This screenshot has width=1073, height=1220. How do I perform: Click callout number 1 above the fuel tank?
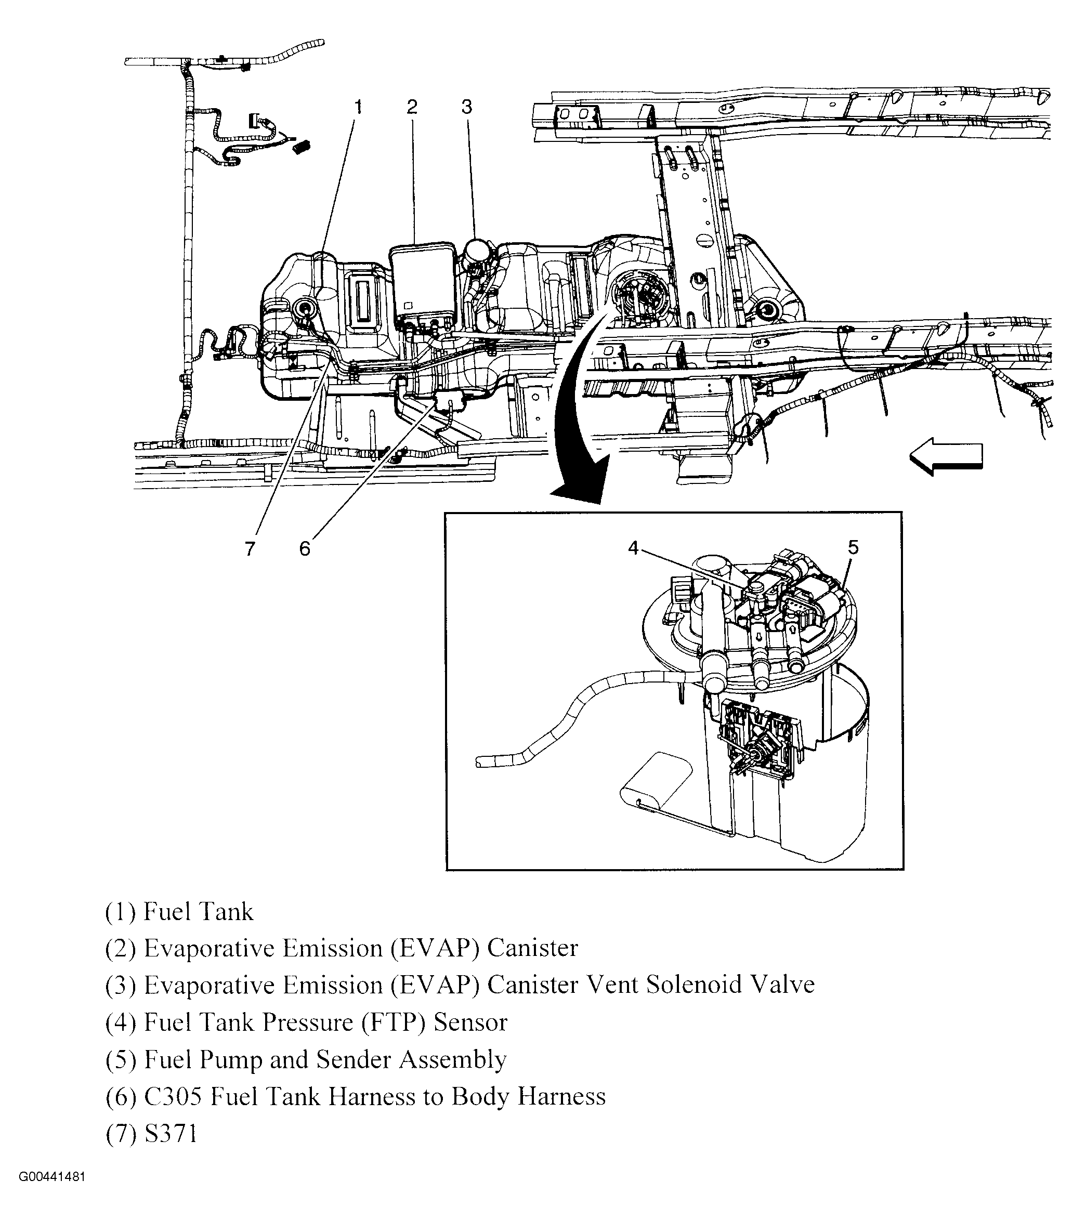pos(358,108)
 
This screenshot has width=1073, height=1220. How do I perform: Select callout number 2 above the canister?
pos(412,108)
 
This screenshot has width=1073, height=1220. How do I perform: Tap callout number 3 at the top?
pos(467,108)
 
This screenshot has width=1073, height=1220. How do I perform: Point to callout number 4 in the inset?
pos(633,547)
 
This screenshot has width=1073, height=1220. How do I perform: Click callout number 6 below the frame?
pos(305,548)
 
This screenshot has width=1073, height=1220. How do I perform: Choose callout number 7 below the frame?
pos(250,548)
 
